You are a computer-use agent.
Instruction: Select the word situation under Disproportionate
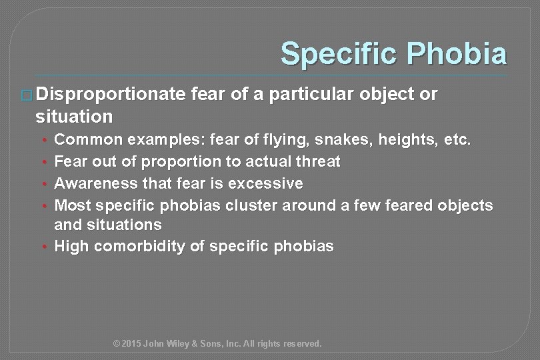click(75, 117)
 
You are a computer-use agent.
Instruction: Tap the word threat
click(315, 162)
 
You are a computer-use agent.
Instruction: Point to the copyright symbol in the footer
click(117, 344)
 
